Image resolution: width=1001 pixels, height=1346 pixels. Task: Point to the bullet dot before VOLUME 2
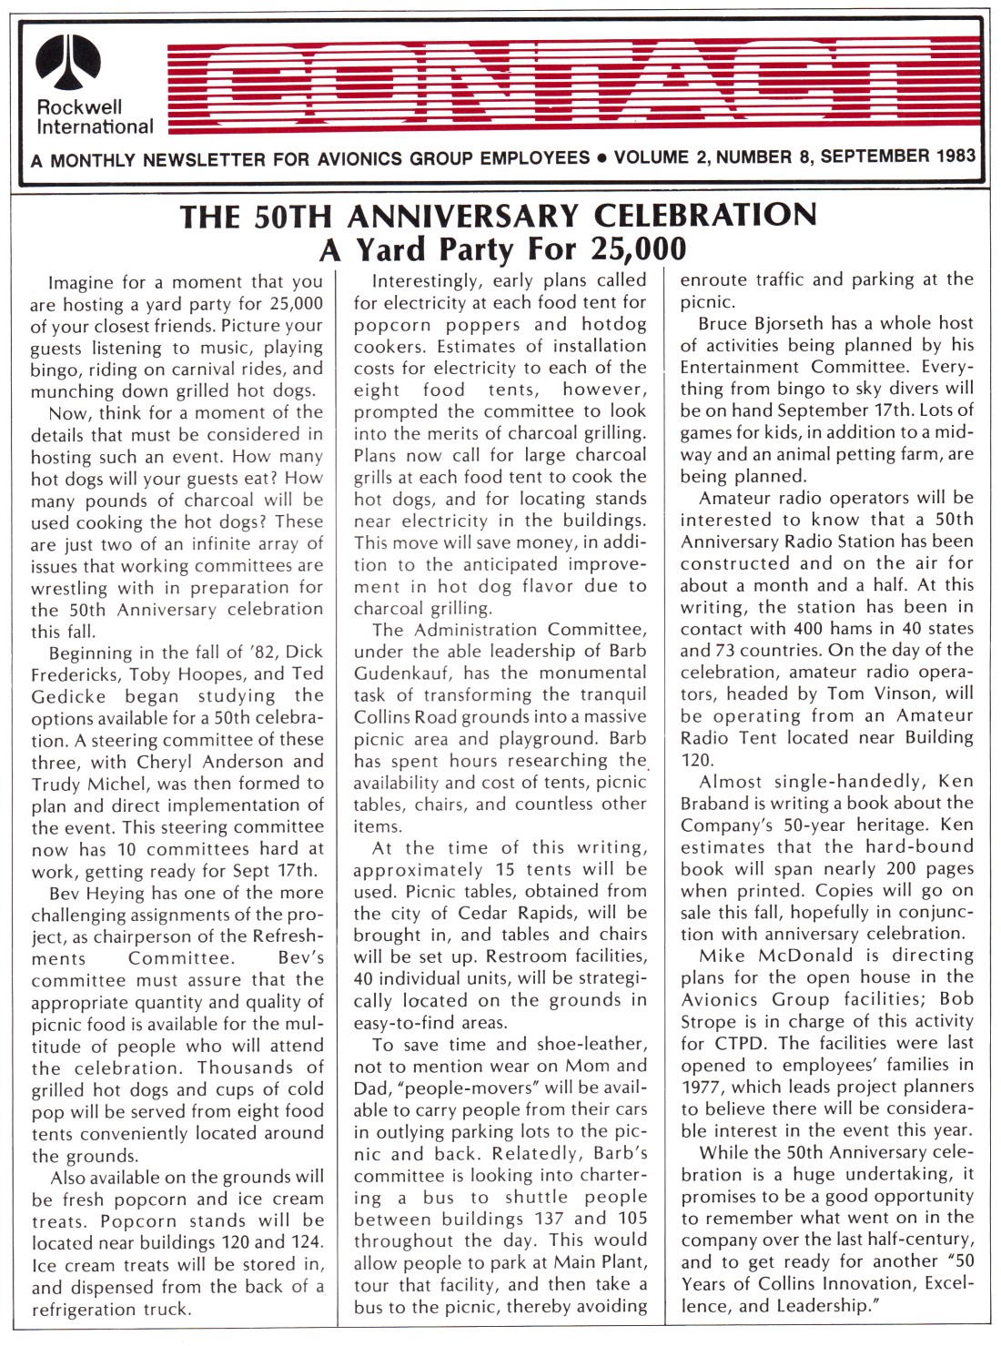pos(602,157)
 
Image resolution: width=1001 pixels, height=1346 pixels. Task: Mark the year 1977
pos(702,1086)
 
